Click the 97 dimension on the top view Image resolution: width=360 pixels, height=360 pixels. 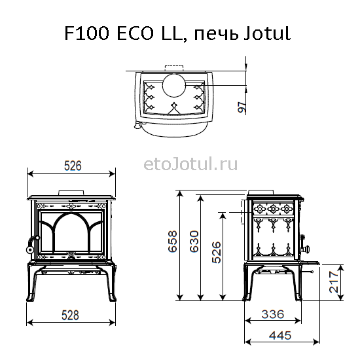coord(242,107)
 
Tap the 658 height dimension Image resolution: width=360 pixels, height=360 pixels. coord(173,242)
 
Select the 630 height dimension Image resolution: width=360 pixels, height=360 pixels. coord(194,242)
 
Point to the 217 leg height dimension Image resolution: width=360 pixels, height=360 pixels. coord(334,282)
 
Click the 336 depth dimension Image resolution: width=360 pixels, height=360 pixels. coord(273,314)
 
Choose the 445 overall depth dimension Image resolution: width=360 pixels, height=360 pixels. coord(280,335)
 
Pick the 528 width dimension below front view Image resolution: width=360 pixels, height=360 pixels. coord(70,315)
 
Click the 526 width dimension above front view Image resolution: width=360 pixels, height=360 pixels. coord(73,166)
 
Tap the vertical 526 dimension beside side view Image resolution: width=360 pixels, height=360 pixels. coord(217,252)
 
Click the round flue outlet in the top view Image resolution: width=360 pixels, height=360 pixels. coord(174,85)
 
